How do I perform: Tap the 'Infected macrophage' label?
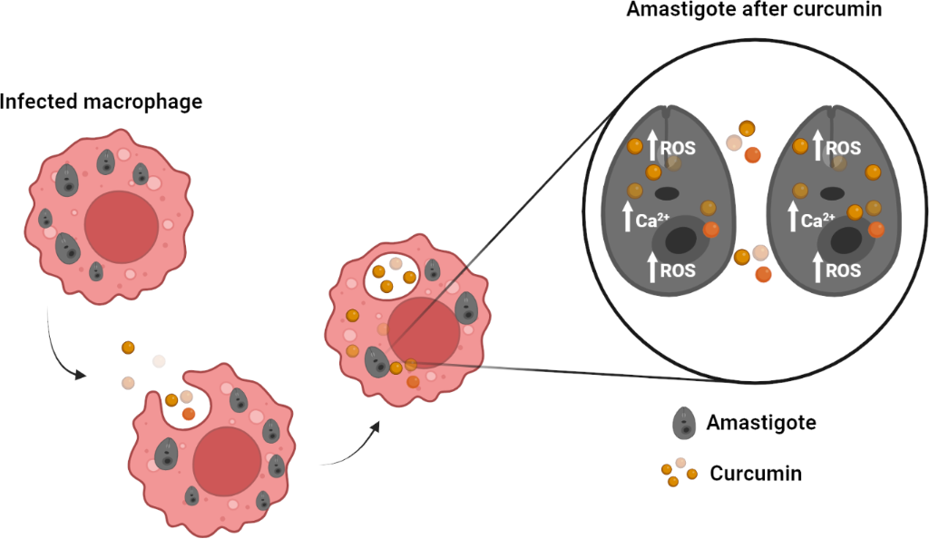click(101, 101)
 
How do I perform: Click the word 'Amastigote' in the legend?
click(760, 422)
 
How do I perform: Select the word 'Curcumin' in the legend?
click(756, 473)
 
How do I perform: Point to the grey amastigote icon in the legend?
click(683, 423)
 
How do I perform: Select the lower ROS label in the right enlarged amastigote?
click(843, 269)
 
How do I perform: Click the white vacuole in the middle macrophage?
click(391, 276)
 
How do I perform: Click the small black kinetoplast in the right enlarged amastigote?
click(832, 192)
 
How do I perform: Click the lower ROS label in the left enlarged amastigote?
click(678, 269)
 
